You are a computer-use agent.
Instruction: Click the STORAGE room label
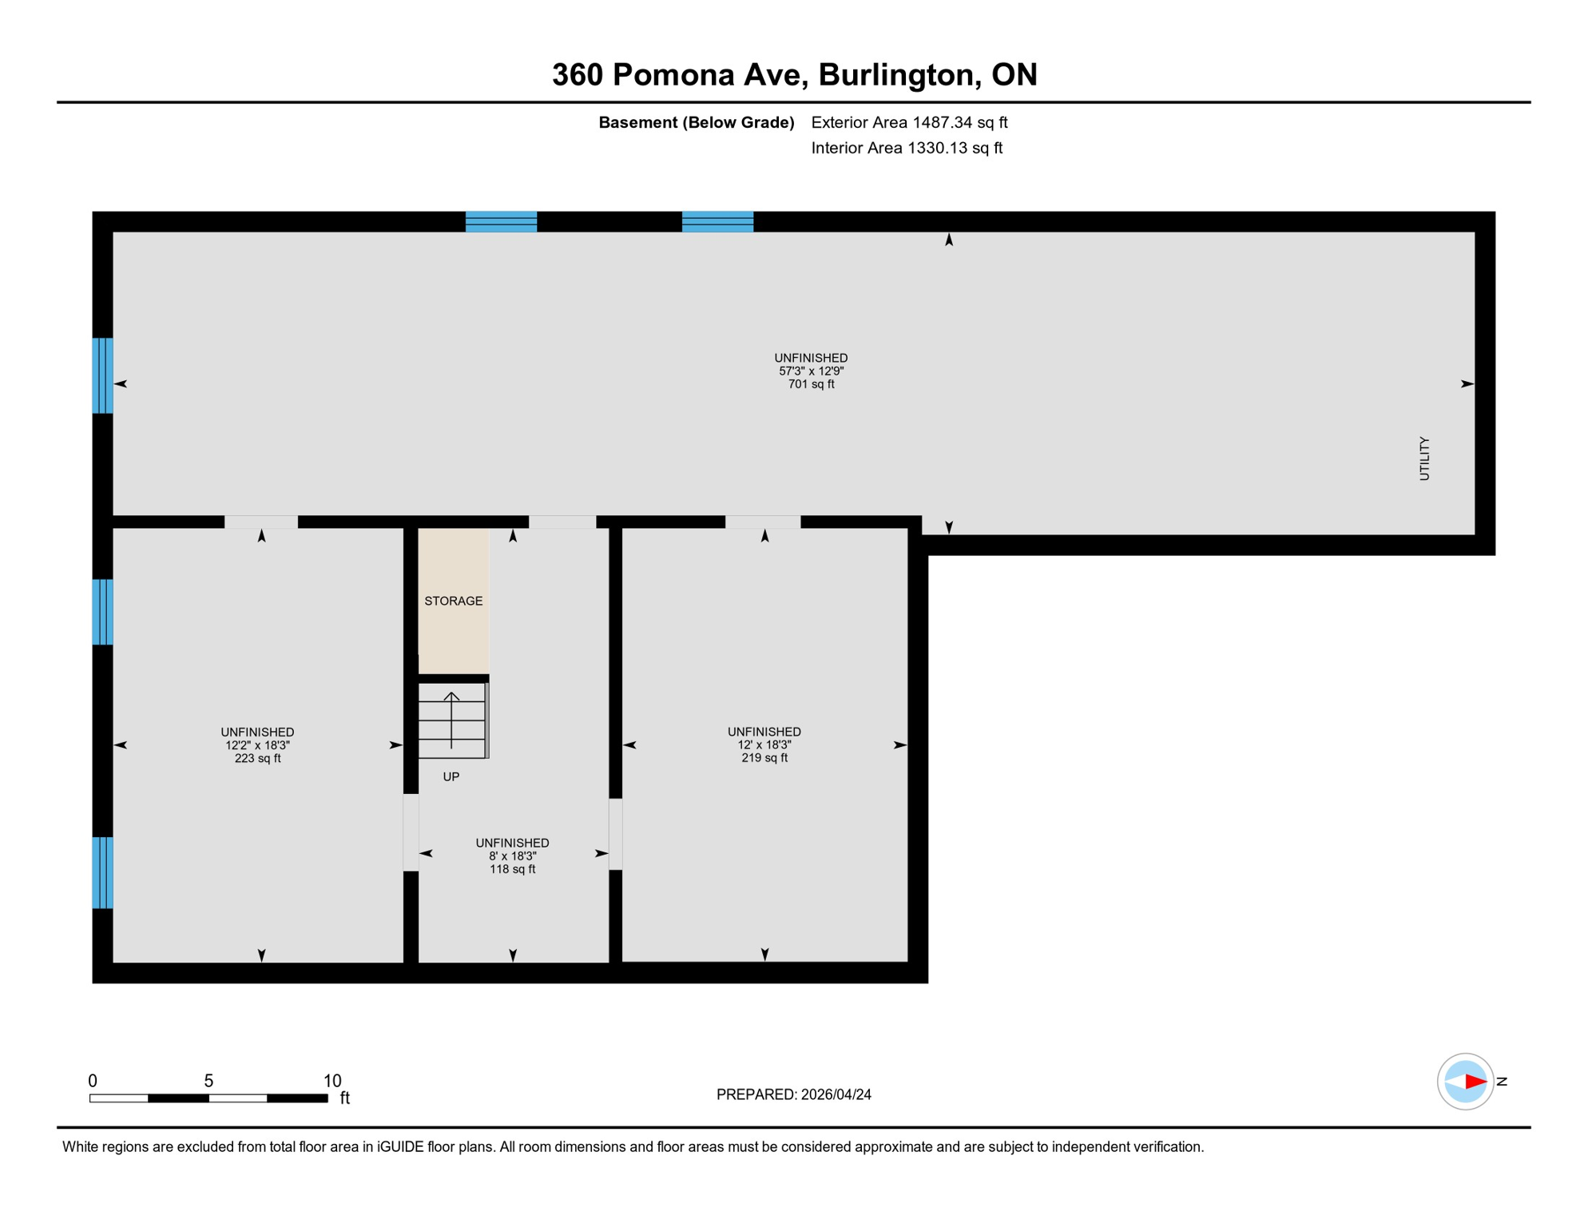click(x=453, y=601)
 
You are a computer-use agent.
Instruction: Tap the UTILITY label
click(x=1424, y=459)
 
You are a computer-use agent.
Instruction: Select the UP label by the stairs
click(x=451, y=776)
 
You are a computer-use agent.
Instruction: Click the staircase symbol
click(x=452, y=721)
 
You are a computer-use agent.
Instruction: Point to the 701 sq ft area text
click(x=811, y=384)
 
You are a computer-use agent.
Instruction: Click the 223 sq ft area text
click(x=257, y=758)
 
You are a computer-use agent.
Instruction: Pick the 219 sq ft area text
click(x=764, y=757)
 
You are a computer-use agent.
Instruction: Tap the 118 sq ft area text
click(x=512, y=869)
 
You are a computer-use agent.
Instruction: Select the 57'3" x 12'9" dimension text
click(x=811, y=371)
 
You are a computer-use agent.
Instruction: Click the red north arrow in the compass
click(x=1475, y=1082)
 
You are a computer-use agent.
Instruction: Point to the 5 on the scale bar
click(x=208, y=1081)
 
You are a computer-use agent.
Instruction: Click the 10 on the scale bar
click(x=332, y=1081)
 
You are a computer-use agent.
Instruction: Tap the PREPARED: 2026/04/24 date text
click(x=793, y=1094)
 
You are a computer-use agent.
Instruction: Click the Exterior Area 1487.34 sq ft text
click(x=909, y=122)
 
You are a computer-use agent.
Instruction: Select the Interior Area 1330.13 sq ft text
click(x=907, y=148)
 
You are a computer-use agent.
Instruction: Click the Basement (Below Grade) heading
click(x=697, y=122)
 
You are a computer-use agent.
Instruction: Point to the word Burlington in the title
click(x=899, y=74)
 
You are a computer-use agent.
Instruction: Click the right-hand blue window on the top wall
click(x=717, y=221)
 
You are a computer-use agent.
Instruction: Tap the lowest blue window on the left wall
click(x=102, y=872)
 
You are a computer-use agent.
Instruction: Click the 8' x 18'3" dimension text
click(x=512, y=856)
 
